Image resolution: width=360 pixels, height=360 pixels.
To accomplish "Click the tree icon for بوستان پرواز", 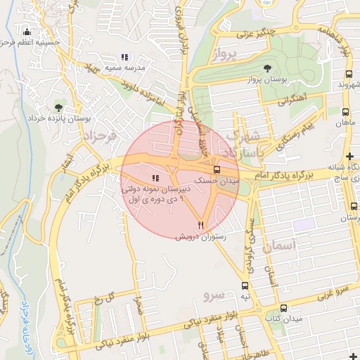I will pyautogui.click(x=267, y=68).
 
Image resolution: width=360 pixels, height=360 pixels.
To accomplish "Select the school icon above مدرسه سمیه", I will pyautogui.click(x=124, y=57).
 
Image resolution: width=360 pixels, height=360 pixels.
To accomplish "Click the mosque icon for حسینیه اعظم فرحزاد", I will pyautogui.click(x=27, y=32).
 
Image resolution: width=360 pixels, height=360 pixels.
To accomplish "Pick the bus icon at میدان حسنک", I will pyautogui.click(x=216, y=169).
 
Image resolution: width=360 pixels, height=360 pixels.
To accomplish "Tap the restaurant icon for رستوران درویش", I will pyautogui.click(x=201, y=225).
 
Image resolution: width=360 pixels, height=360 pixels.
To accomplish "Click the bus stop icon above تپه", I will pyautogui.click(x=245, y=285).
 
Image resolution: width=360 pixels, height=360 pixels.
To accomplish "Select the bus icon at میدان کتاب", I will pyautogui.click(x=283, y=308).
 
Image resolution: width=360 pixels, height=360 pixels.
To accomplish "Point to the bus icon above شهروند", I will pyautogui.click(x=349, y=74).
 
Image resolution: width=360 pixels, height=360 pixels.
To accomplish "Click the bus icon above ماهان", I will pyautogui.click(x=345, y=111).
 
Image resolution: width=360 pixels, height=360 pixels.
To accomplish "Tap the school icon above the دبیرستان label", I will pyautogui.click(x=155, y=178).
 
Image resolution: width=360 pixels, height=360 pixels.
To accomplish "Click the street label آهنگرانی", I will pyautogui.click(x=292, y=101).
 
